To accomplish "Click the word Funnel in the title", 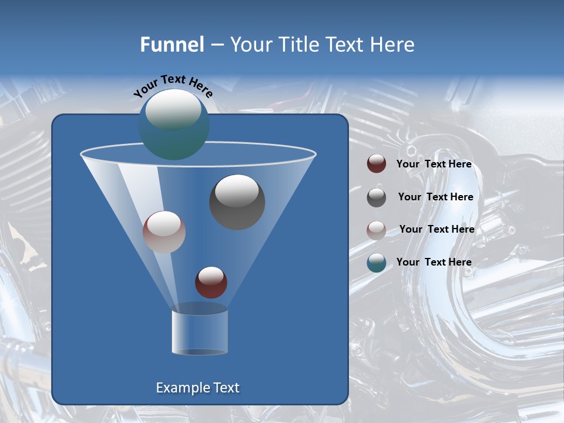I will point(172,45).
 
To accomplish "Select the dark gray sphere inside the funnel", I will point(237,202).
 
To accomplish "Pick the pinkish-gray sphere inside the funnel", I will point(164,232).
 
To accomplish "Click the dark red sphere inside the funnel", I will point(211,282).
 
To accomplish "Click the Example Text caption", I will point(198,388).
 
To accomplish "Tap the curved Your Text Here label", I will point(173,85).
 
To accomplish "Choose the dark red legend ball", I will point(377,164).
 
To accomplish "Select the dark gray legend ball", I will point(377,197).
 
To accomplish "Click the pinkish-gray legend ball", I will point(377,230).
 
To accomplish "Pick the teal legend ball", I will point(377,263).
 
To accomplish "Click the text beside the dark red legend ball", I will point(434,164).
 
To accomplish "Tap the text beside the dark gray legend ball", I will point(435,197).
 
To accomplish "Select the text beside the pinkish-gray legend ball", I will point(437,229).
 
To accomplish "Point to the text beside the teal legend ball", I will point(434,262).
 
